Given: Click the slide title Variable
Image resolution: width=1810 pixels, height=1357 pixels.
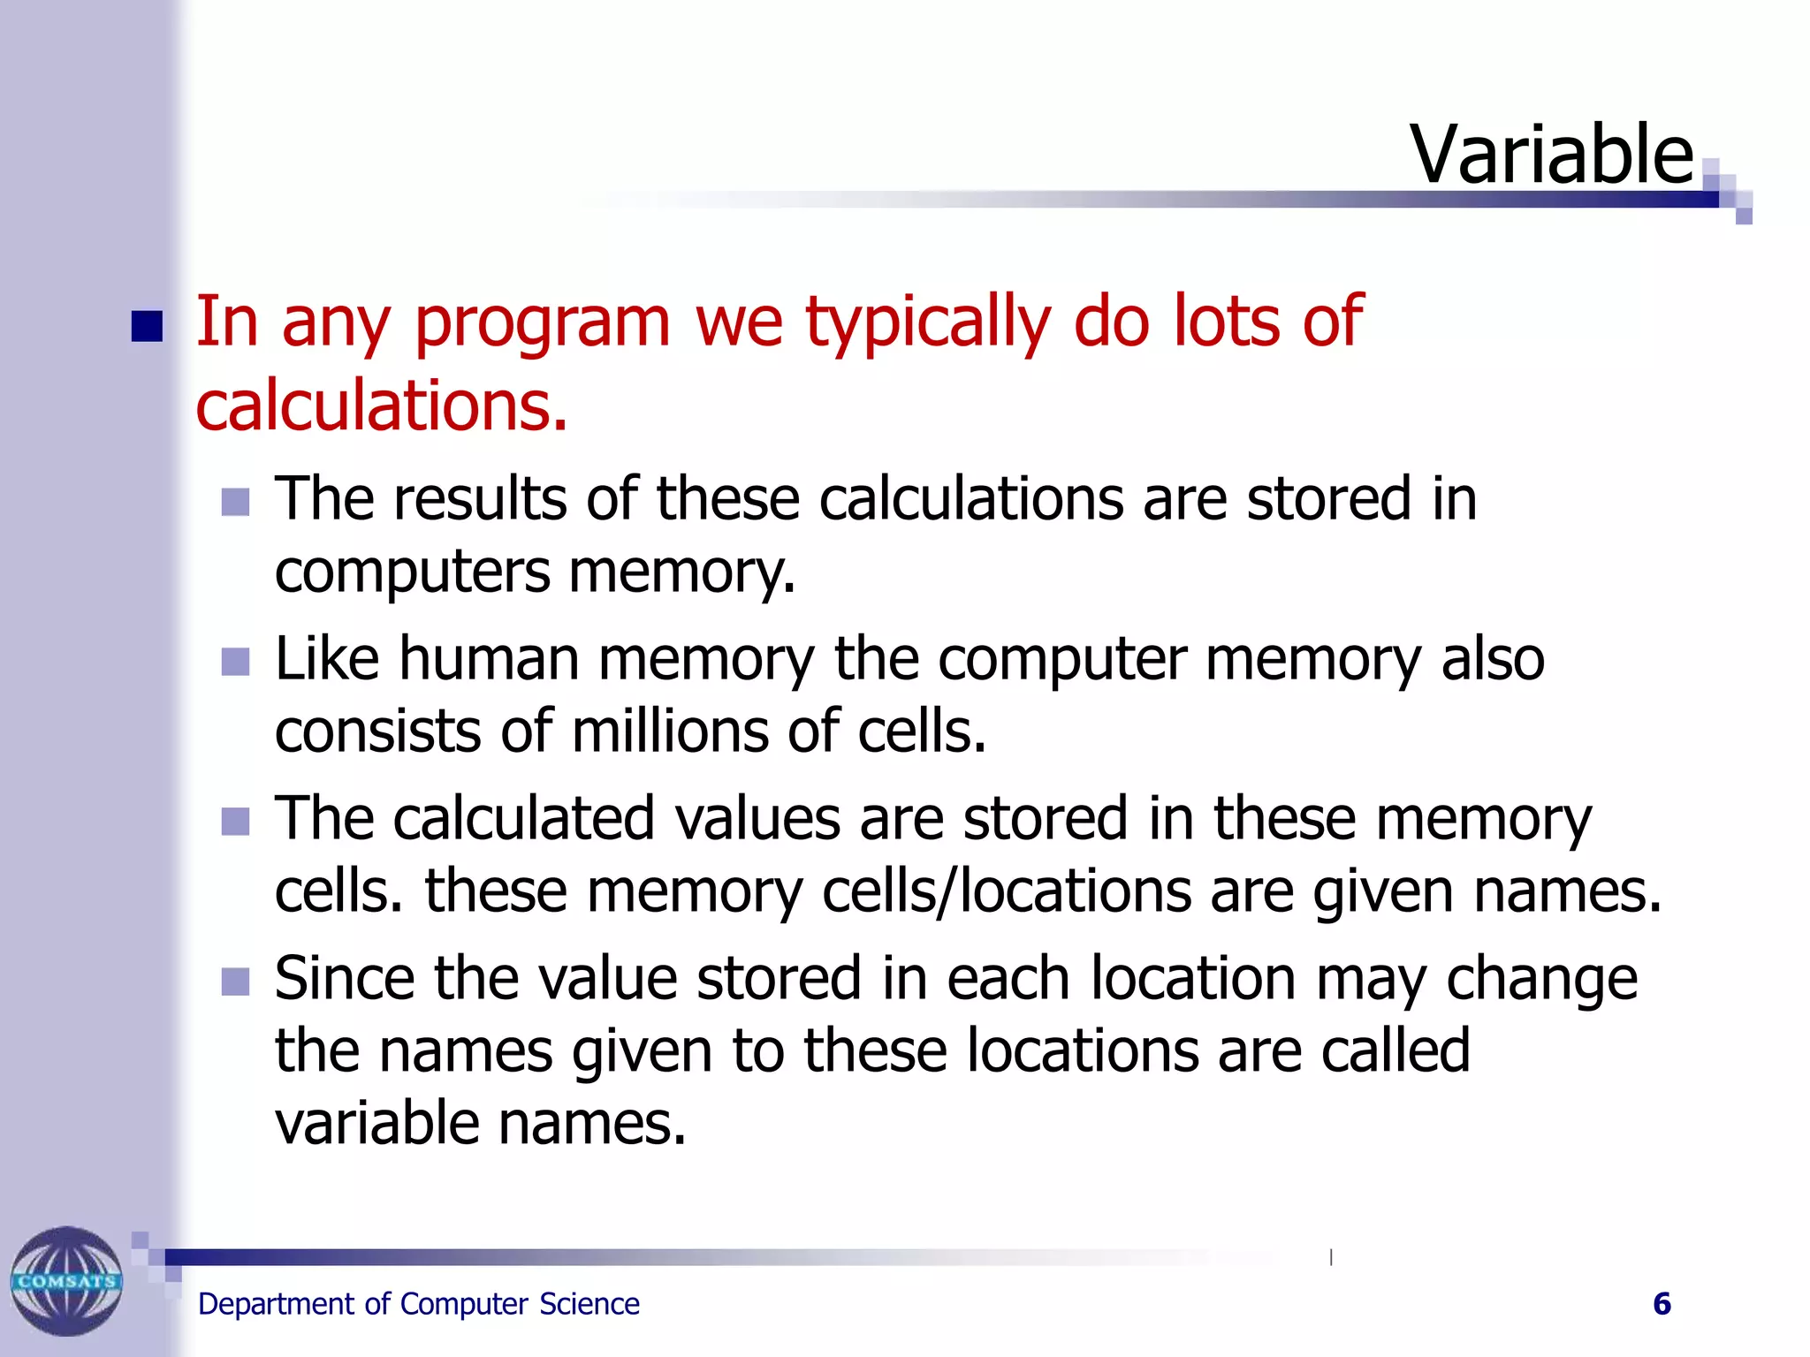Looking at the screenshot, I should tap(1551, 155).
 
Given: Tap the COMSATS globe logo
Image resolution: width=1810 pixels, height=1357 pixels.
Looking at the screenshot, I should tap(66, 1281).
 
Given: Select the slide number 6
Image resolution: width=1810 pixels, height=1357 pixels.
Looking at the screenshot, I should tap(1662, 1304).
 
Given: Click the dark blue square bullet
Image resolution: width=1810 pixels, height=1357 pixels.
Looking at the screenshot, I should tap(147, 326).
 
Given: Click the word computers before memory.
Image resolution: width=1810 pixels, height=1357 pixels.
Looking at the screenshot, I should tap(412, 572).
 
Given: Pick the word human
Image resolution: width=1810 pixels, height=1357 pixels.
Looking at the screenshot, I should tap(488, 659).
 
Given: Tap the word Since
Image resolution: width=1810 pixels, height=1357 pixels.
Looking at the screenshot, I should tap(345, 979).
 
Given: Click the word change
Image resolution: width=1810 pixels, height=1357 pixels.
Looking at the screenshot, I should tap(1541, 979).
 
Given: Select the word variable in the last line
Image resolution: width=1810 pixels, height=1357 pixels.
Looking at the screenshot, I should tap(376, 1124).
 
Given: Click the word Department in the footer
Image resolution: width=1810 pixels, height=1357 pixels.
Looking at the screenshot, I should tap(276, 1304).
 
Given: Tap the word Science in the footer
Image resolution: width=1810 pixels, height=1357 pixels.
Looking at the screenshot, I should tap(589, 1304).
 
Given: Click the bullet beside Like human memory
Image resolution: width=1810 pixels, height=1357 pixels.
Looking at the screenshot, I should tap(235, 662).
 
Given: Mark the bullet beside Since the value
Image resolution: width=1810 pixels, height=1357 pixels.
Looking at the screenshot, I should tap(235, 982).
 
